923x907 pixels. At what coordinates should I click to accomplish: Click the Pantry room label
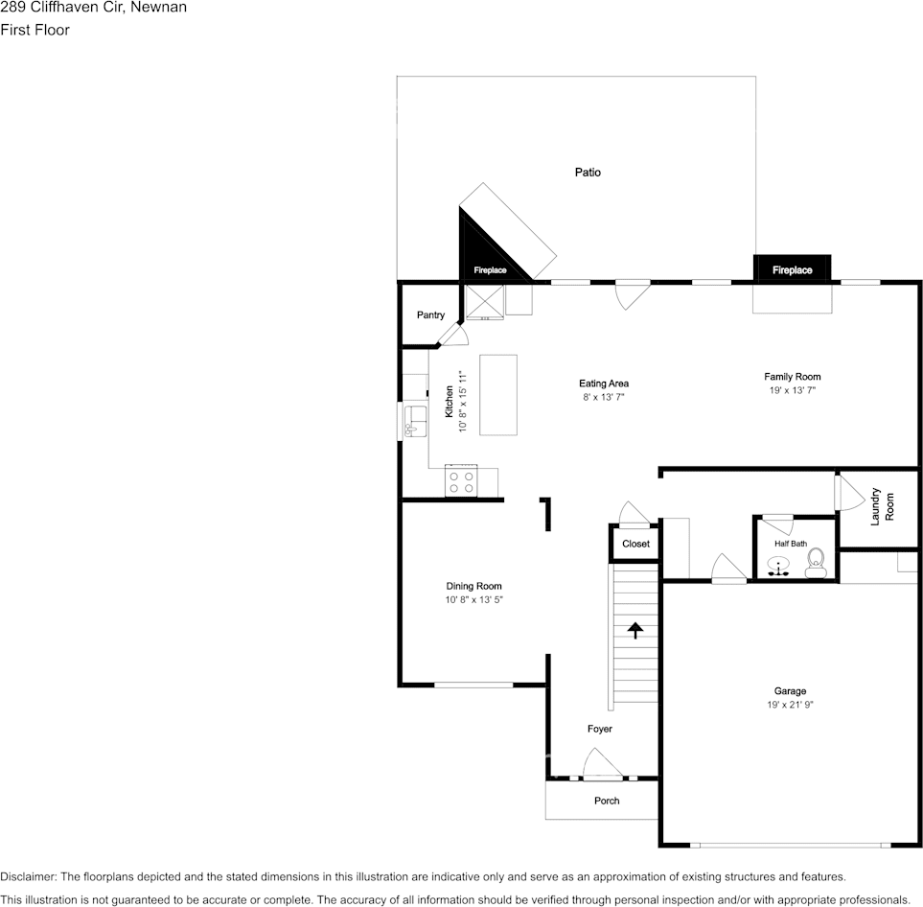coord(430,315)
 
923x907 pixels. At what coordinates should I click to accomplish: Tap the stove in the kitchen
coord(461,480)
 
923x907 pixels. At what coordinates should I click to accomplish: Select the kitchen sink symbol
coord(415,421)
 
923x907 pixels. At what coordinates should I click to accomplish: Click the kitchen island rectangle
coord(497,394)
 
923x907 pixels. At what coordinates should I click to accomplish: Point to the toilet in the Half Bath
coord(816,563)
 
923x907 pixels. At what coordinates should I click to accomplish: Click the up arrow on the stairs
coord(634,629)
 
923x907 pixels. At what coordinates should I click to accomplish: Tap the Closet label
coord(635,544)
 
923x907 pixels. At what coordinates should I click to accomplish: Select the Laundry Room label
coord(882,507)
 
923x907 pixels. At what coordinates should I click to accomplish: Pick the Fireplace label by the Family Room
coord(792,270)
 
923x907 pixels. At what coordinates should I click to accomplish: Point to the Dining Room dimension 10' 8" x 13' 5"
coord(473,600)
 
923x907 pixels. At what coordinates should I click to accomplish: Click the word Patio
coord(588,173)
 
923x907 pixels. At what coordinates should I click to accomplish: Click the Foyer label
coord(600,730)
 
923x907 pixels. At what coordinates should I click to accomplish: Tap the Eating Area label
coord(604,384)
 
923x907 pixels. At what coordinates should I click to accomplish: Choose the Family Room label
coord(792,377)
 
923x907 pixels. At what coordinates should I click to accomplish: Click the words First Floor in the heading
coord(35,30)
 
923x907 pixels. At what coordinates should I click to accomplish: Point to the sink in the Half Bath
coord(779,566)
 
